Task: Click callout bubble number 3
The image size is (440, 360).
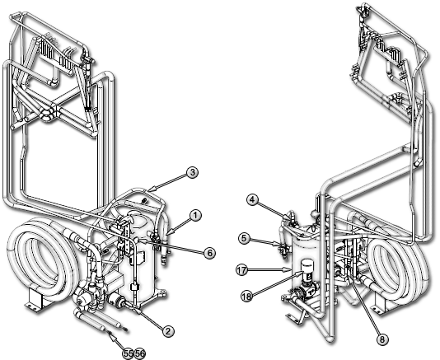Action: point(192,172)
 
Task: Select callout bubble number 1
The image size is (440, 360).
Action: point(195,216)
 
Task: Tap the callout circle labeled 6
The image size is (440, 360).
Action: point(209,253)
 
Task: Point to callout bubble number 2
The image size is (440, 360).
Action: point(168,331)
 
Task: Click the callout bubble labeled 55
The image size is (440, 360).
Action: point(128,354)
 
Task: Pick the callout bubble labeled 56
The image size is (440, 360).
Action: point(140,354)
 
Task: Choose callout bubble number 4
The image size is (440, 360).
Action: point(253,200)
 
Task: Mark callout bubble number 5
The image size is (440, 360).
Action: point(244,239)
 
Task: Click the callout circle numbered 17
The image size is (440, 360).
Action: point(242,270)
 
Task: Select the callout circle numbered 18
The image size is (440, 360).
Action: point(247,297)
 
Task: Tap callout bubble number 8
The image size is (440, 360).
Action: point(382,339)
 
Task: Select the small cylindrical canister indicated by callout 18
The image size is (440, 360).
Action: point(307,266)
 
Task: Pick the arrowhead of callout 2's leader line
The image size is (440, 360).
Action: point(138,311)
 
